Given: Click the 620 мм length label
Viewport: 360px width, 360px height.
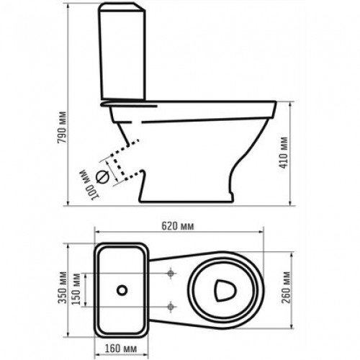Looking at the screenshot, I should (x=177, y=225).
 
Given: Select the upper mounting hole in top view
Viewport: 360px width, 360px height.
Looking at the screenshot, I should (x=170, y=274).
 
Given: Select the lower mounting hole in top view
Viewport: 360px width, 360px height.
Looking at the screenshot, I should (x=170, y=304).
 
